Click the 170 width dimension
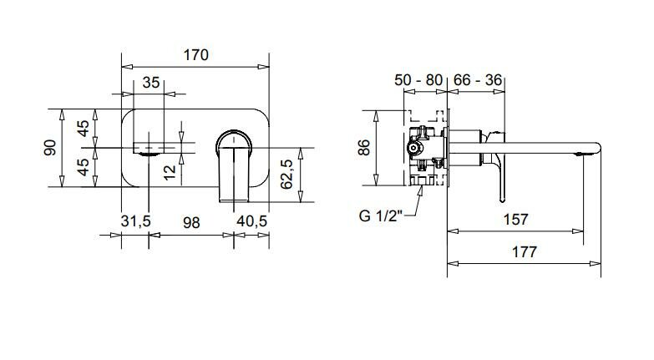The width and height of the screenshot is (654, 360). pyautogui.click(x=196, y=54)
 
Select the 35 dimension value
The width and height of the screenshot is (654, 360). pyautogui.click(x=151, y=83)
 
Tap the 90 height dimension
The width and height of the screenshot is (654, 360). pyautogui.click(x=50, y=148)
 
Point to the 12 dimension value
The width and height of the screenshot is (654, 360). pyautogui.click(x=170, y=172)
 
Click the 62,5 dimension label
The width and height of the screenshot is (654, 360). pyautogui.click(x=286, y=174)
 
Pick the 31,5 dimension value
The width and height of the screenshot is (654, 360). pyautogui.click(x=135, y=221)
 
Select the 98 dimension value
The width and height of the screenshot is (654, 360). pyautogui.click(x=191, y=223)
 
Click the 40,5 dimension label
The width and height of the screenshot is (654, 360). pyautogui.click(x=251, y=221)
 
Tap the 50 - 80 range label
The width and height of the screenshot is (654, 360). pyautogui.click(x=418, y=79)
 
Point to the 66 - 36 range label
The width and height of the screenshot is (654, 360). pyautogui.click(x=478, y=79)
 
